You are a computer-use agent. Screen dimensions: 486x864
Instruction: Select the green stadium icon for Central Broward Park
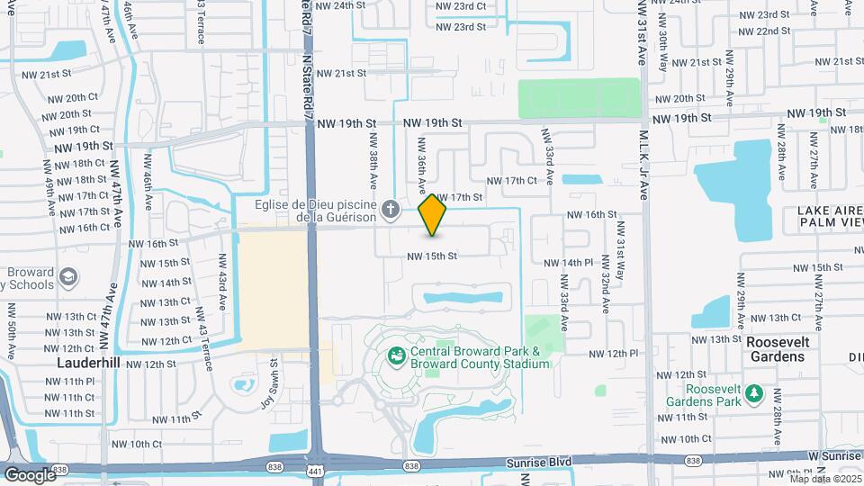395,357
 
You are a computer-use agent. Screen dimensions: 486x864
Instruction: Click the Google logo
30,474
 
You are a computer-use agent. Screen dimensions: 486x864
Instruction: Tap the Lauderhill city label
88,364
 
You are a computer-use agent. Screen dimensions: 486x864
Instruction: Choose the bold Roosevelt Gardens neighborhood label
778,349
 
